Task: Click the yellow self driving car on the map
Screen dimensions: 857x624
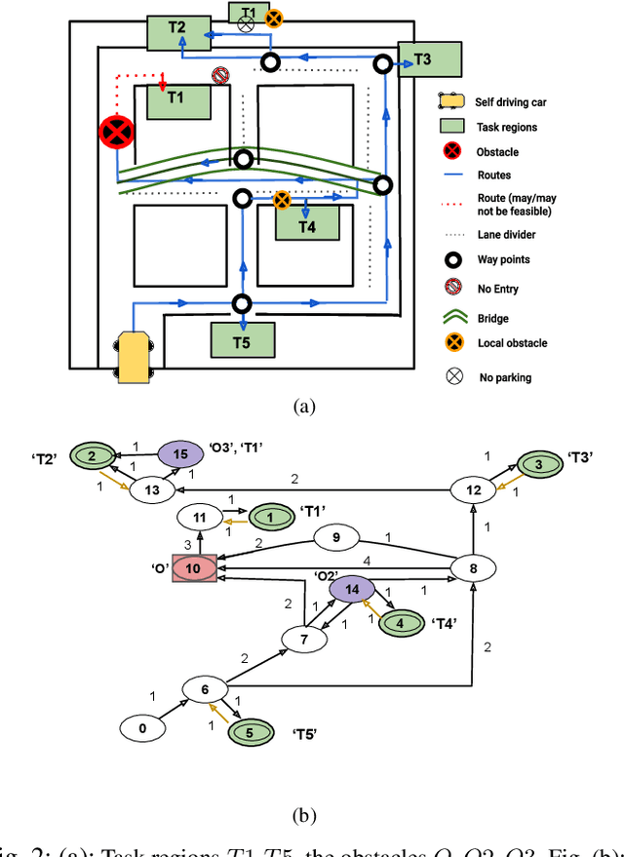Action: click(136, 357)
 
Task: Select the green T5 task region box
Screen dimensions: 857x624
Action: click(243, 341)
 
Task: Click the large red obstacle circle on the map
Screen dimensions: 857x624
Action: click(117, 132)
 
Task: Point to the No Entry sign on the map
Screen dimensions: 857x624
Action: click(220, 76)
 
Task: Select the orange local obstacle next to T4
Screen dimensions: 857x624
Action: click(281, 199)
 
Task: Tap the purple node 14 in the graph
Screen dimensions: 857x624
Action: click(353, 590)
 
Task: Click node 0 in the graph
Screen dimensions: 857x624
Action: click(143, 727)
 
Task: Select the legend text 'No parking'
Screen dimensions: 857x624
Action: click(504, 377)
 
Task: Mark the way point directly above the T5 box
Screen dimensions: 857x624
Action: click(242, 303)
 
